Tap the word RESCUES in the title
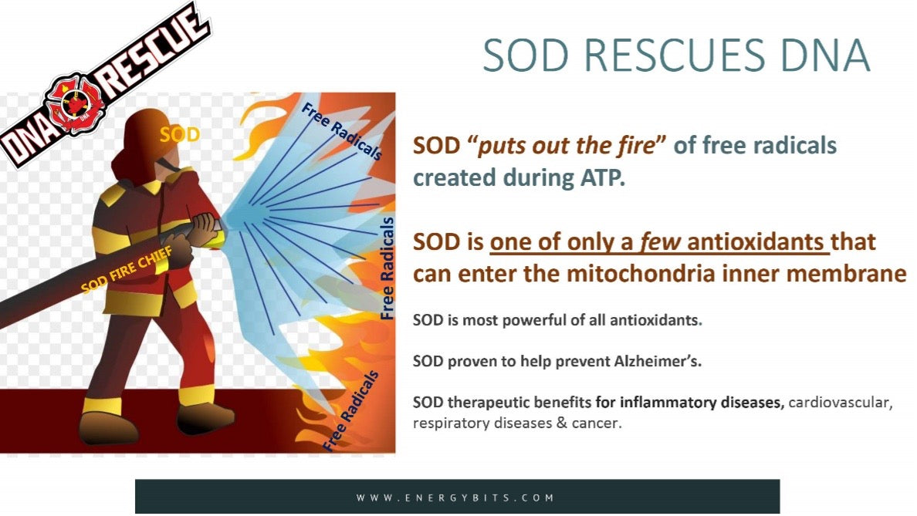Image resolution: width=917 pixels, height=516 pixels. click(675, 55)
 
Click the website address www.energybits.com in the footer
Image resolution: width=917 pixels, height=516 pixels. click(455, 498)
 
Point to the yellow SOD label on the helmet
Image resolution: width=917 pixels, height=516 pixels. click(180, 135)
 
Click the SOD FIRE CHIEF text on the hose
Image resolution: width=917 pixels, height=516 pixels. click(127, 269)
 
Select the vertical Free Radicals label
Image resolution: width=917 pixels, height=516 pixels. click(387, 268)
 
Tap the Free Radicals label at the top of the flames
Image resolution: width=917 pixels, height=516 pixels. click(342, 131)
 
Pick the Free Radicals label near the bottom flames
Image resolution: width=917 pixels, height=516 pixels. click(351, 411)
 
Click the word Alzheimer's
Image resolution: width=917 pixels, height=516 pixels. click(658, 360)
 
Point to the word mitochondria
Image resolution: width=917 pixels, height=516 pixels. click(641, 273)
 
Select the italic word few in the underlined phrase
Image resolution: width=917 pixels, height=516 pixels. click(660, 241)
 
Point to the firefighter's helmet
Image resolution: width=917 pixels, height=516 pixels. click(148, 143)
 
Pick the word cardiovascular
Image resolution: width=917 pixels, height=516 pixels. click(841, 402)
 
